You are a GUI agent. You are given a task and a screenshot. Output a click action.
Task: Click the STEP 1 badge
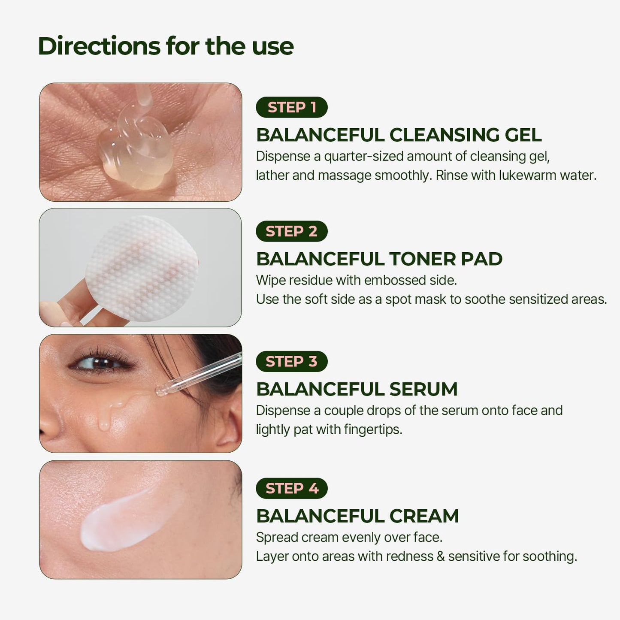pyautogui.click(x=292, y=107)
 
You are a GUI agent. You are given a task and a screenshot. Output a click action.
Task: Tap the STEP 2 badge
pyautogui.click(x=292, y=231)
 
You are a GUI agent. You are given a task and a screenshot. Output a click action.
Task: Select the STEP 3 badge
pyautogui.click(x=292, y=361)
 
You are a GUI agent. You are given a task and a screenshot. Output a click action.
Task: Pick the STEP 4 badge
pyautogui.click(x=292, y=488)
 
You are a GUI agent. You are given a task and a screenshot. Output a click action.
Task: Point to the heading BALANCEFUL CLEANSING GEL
pyautogui.click(x=399, y=135)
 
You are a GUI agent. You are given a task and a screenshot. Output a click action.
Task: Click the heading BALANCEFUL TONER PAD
pyautogui.click(x=379, y=259)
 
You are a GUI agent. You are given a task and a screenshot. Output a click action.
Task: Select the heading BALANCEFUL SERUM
pyautogui.click(x=357, y=389)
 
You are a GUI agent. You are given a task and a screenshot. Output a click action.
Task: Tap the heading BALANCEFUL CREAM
pyautogui.click(x=357, y=516)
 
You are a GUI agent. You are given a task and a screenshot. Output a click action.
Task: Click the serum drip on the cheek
pyautogui.click(x=104, y=423)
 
